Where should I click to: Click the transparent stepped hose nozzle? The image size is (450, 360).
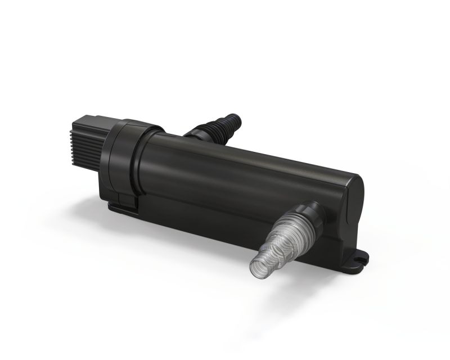[281, 236]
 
